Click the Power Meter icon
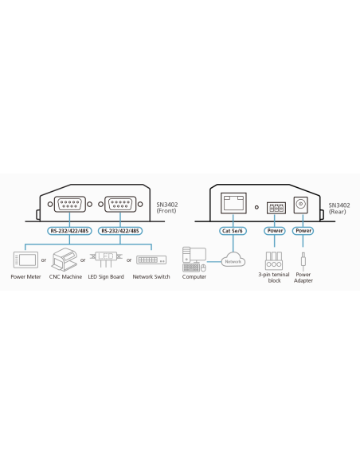tap(25, 260)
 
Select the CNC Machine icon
tap(64, 260)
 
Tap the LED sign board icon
tap(106, 260)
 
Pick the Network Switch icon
tap(151, 260)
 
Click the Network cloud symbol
tap(233, 260)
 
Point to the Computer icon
tap(194, 260)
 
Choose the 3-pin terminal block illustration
tap(274, 260)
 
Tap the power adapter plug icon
tap(303, 260)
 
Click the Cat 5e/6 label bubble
tap(233, 231)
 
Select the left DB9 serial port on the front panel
tap(69, 204)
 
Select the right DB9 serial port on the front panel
tap(120, 204)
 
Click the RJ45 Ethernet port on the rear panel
tap(233, 203)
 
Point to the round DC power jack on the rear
tap(301, 205)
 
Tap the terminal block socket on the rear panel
tap(276, 208)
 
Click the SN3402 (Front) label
tap(167, 208)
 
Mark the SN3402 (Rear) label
tap(339, 208)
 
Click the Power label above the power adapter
tap(303, 231)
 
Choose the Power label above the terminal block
tap(275, 231)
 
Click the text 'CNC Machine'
tap(65, 276)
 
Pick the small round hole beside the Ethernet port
tap(256, 207)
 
